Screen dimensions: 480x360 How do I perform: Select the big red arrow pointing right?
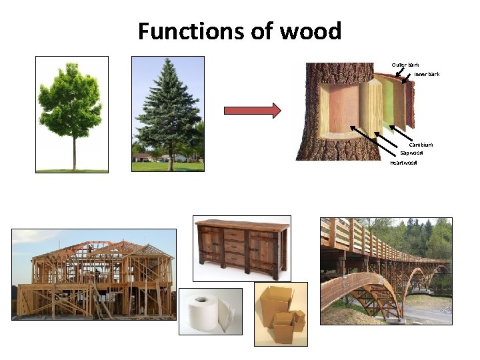252,111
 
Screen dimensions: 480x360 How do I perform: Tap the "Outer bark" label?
405,65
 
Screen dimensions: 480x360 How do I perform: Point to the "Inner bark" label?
427,74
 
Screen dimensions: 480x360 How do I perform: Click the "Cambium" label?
421,145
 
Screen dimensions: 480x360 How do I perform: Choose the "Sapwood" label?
411,153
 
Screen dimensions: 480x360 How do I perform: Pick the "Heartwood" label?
403,163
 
